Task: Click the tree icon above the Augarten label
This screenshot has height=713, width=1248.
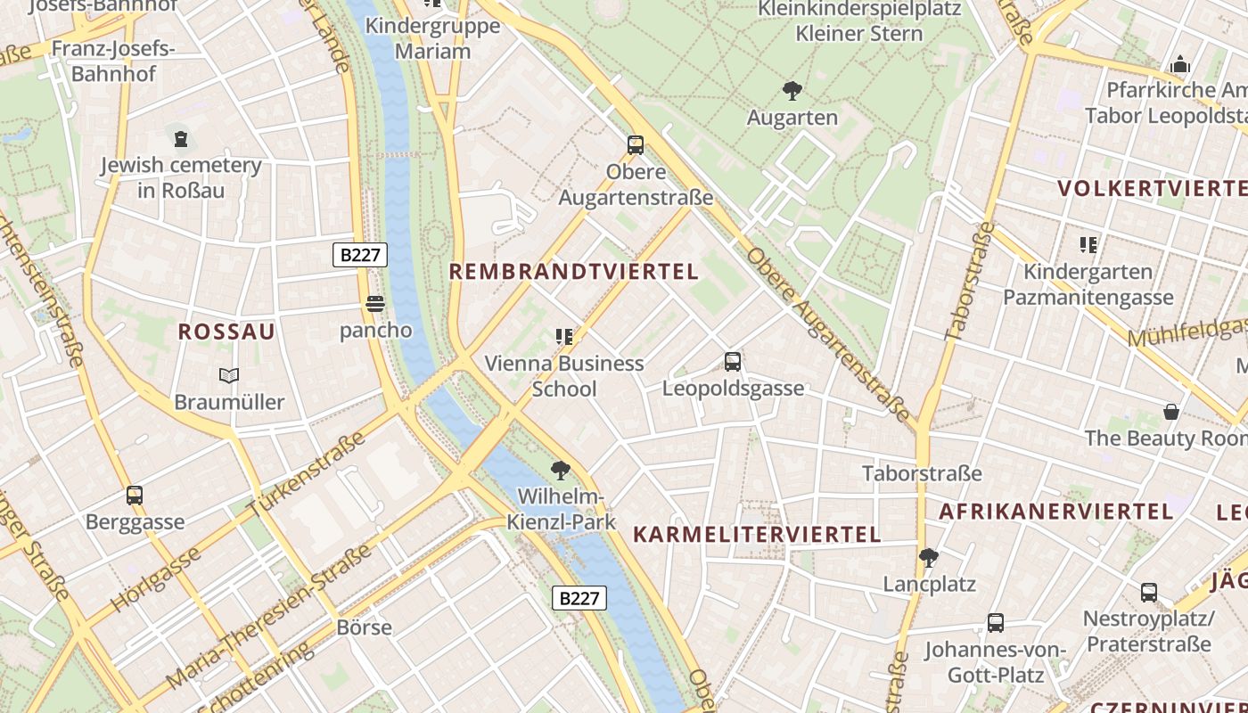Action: [792, 90]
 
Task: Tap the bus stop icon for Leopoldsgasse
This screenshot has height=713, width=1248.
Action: [733, 362]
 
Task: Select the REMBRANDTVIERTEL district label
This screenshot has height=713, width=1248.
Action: [573, 272]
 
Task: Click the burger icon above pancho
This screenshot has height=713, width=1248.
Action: [375, 304]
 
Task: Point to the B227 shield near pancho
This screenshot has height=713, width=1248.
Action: [360, 255]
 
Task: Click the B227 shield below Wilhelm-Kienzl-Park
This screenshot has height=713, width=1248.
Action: [579, 598]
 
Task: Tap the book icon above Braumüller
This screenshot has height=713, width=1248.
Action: [229, 375]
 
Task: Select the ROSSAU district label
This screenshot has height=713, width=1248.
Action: [226, 332]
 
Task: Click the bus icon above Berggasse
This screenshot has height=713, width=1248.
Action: [135, 496]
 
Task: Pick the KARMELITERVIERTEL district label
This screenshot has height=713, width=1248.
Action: [757, 535]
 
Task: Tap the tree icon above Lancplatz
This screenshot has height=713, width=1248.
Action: [929, 558]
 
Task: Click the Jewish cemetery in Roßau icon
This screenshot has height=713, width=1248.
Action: [181, 138]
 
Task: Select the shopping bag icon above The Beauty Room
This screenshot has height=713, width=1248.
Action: [1171, 412]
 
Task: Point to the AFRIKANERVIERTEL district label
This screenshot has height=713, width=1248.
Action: [1055, 512]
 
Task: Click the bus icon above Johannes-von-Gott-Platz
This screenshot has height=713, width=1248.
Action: [996, 623]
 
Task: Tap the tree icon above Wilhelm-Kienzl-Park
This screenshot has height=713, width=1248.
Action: [561, 470]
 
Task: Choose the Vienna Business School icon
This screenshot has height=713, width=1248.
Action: [564, 337]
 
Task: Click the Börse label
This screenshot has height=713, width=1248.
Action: [364, 627]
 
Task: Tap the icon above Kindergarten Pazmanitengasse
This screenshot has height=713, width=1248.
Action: [1088, 244]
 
